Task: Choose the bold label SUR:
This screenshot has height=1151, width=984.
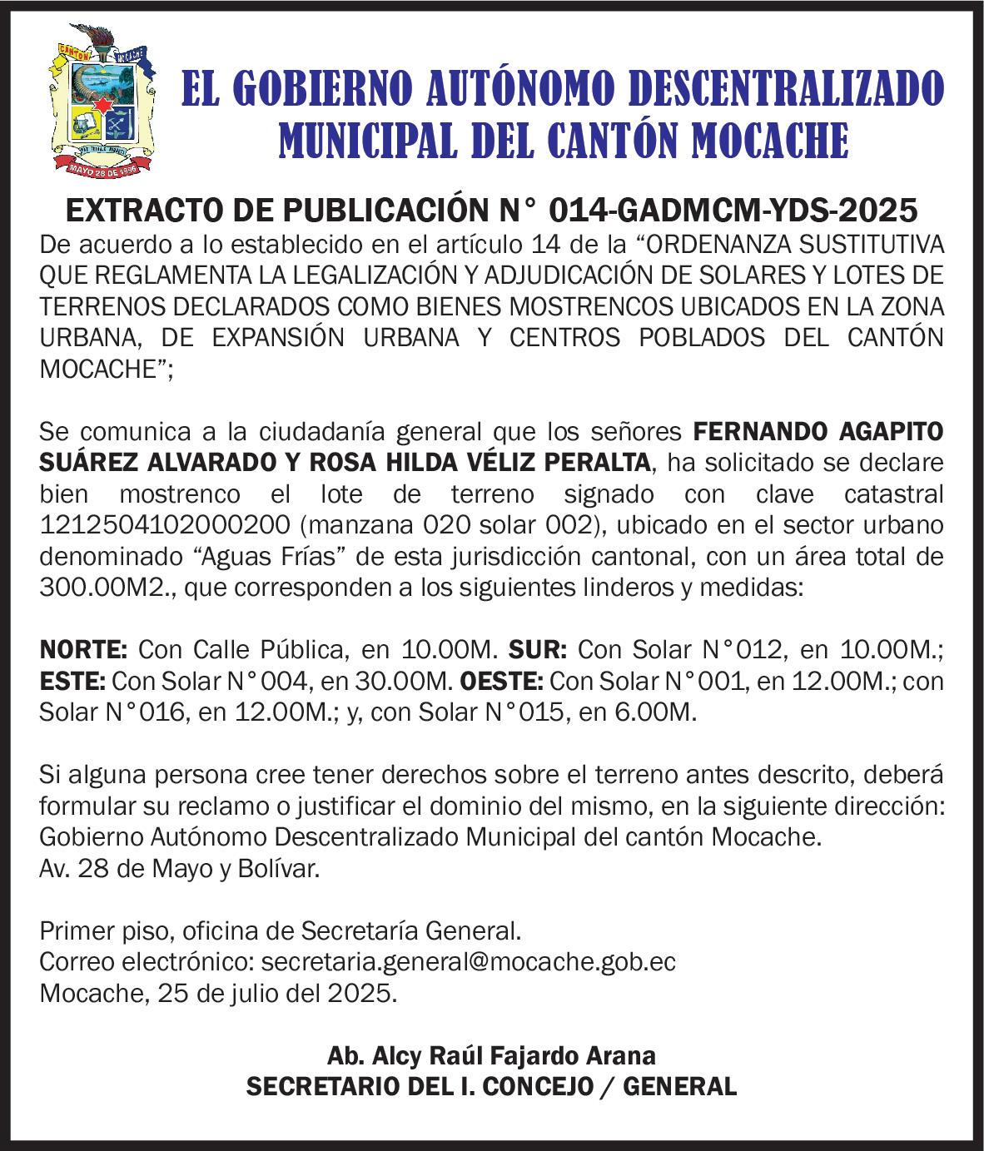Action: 538,649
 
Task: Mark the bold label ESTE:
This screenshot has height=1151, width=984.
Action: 72,682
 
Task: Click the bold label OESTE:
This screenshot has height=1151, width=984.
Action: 499,682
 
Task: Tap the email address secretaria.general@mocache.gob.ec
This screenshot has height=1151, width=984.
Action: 469,962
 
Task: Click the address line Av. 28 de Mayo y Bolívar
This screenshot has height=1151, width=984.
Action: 179,869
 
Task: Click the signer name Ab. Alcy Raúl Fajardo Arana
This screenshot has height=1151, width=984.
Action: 492,1056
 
